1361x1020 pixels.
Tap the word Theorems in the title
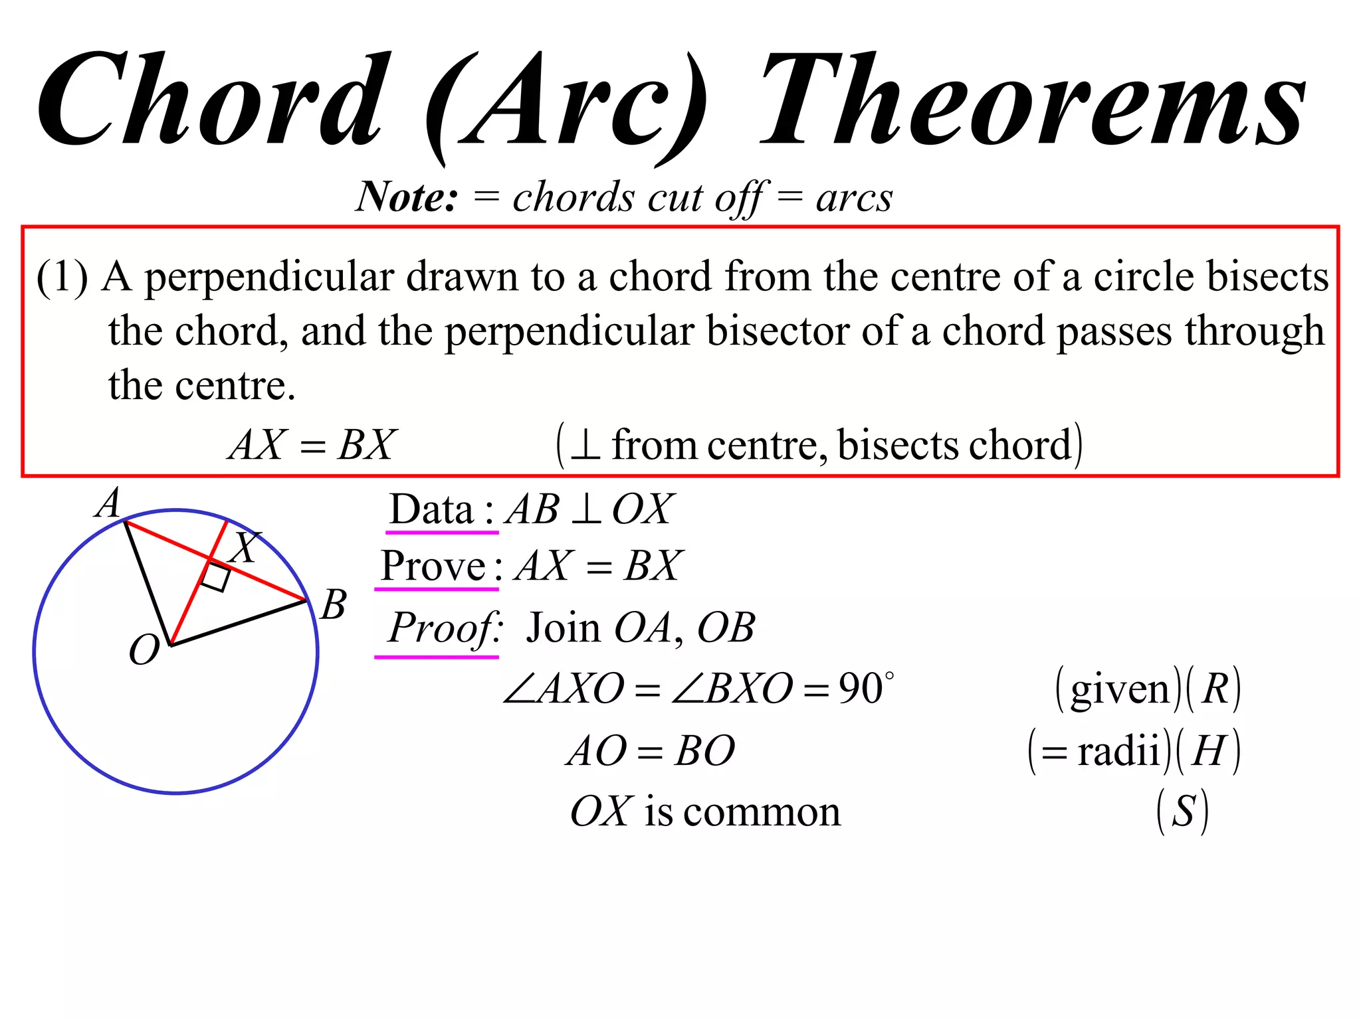(1033, 100)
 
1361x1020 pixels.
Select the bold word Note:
(407, 197)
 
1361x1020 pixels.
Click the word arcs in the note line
(854, 198)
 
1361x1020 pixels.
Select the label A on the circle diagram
(108, 503)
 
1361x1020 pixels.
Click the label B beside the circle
(333, 605)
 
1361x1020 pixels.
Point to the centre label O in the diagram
(144, 649)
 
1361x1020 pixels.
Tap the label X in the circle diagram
(245, 547)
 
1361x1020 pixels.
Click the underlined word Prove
(433, 566)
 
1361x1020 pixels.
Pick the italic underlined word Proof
(444, 628)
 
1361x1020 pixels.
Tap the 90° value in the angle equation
(866, 688)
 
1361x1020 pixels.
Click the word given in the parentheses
(1120, 690)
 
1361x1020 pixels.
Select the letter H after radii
(1208, 751)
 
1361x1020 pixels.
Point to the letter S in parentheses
(1183, 811)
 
